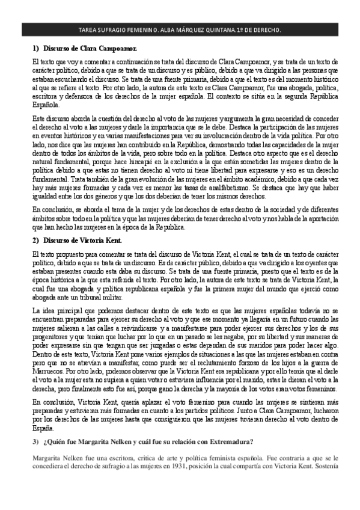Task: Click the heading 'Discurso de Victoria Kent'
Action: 82,241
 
